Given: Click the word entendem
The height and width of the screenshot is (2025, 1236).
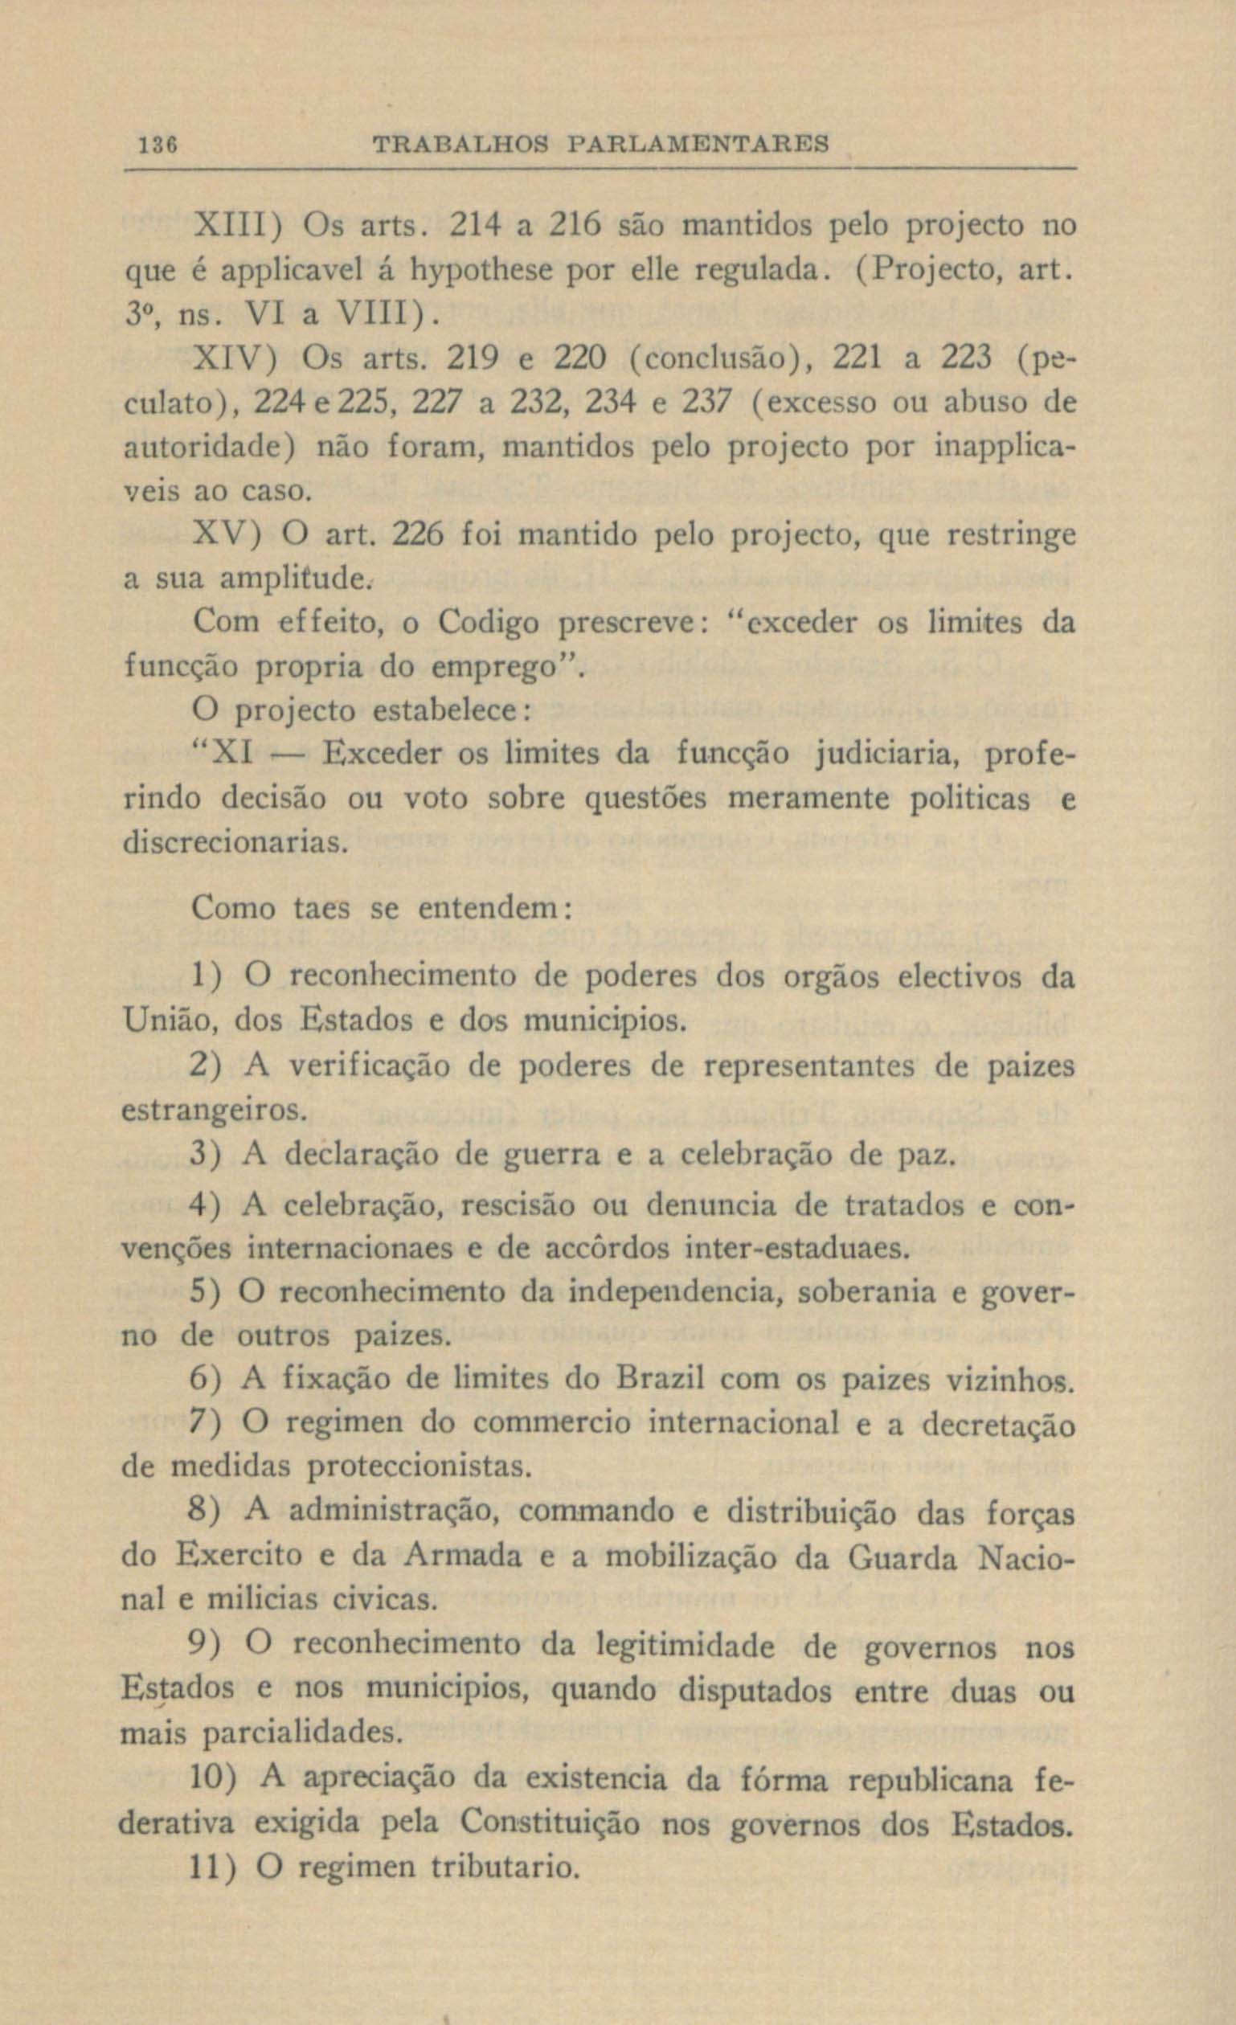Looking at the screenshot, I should tap(489, 908).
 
